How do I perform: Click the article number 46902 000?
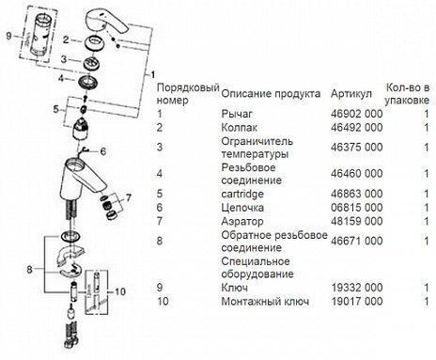click(x=356, y=114)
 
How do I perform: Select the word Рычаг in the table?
click(x=237, y=114)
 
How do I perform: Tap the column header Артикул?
click(x=351, y=94)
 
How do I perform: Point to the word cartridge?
click(x=242, y=194)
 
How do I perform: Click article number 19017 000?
click(x=356, y=301)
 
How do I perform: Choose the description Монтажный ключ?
click(x=265, y=301)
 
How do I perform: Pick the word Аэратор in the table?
click(x=242, y=221)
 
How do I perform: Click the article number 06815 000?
click(x=356, y=208)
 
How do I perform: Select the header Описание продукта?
click(x=271, y=94)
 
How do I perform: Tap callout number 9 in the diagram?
click(x=8, y=36)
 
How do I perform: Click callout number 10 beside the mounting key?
click(x=119, y=291)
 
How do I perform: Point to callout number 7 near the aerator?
click(x=128, y=198)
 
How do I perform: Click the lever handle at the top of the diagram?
click(x=105, y=22)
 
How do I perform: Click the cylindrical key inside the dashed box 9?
click(x=39, y=35)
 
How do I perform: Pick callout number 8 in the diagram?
click(x=29, y=269)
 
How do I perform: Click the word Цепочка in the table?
click(x=242, y=208)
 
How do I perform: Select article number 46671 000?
click(x=356, y=241)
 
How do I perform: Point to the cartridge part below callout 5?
click(x=81, y=129)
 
